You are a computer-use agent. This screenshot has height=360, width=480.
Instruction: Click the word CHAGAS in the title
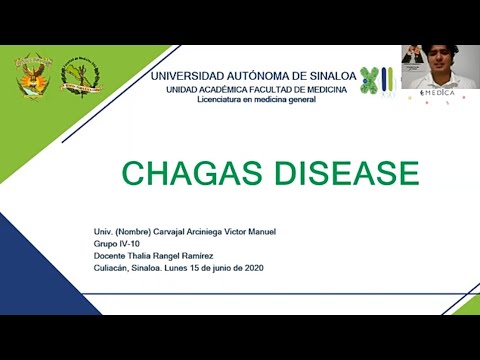(182, 173)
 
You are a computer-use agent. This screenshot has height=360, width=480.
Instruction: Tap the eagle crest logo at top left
(32, 76)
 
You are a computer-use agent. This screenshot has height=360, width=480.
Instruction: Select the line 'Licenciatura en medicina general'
(258, 101)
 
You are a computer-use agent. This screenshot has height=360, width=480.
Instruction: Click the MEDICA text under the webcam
(438, 92)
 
